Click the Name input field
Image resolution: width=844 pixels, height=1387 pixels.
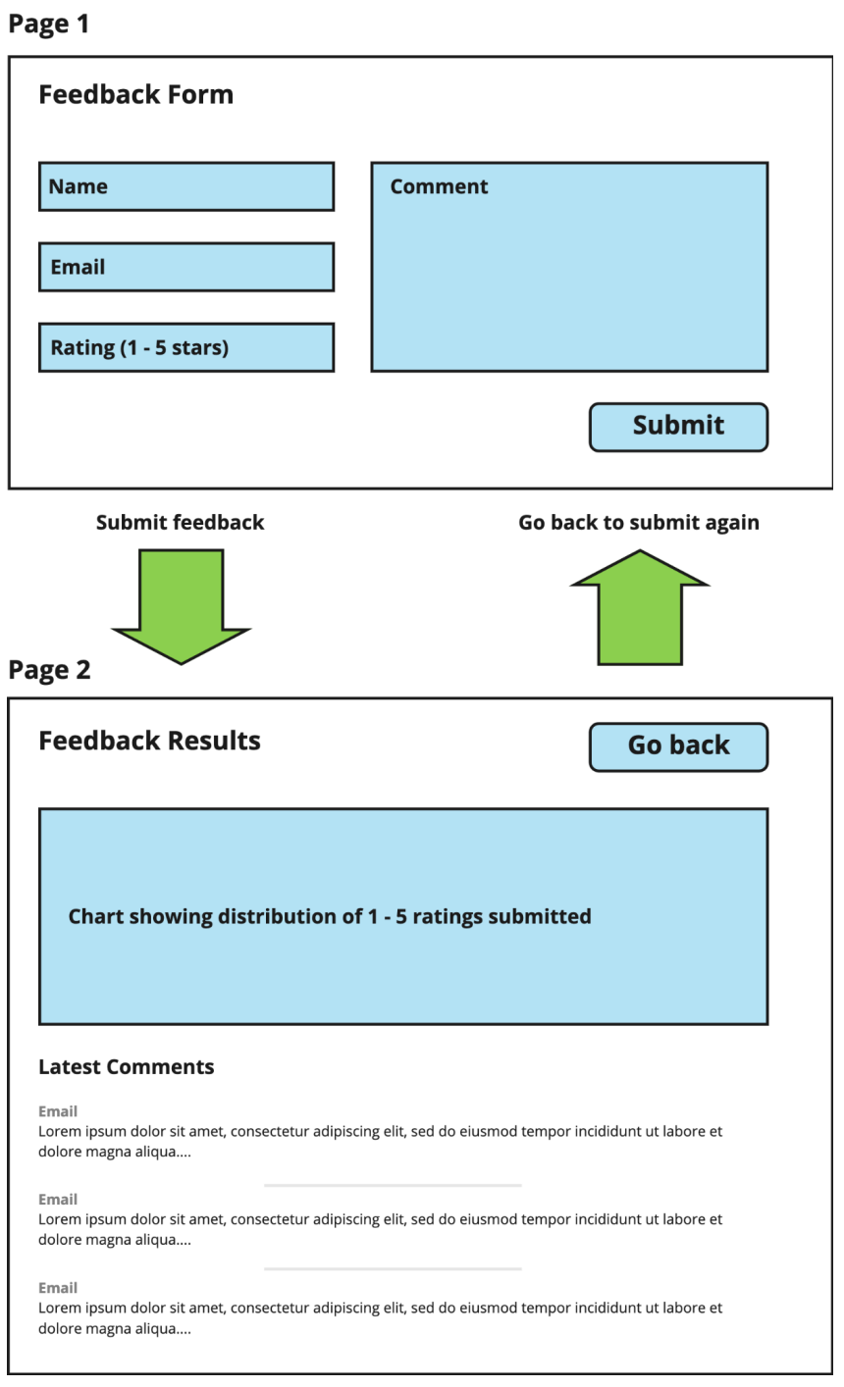[x=186, y=186]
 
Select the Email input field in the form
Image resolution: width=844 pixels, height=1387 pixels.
[x=186, y=267]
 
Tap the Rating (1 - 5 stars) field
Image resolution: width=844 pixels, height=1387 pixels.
[x=186, y=347]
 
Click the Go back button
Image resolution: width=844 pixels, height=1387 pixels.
[x=678, y=746]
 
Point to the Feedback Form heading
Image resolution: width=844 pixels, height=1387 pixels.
[x=135, y=95]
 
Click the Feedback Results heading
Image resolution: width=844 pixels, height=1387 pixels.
[x=149, y=741]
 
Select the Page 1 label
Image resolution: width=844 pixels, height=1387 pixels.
[x=48, y=24]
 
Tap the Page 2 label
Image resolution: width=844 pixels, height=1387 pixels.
[x=49, y=670]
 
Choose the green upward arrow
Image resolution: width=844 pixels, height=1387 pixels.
[x=640, y=608]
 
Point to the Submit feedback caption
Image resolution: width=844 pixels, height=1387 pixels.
[x=180, y=523]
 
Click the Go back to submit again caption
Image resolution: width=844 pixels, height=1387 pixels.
[x=639, y=523]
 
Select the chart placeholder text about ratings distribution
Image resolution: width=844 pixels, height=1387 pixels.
[x=330, y=917]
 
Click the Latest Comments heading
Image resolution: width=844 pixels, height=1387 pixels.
[x=126, y=1067]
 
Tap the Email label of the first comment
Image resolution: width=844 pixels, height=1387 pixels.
[x=58, y=1111]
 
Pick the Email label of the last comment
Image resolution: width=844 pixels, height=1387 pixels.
[x=58, y=1288]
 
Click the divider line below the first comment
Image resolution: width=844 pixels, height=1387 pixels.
[x=393, y=1185]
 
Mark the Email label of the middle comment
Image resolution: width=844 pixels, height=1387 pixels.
[x=58, y=1200]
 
